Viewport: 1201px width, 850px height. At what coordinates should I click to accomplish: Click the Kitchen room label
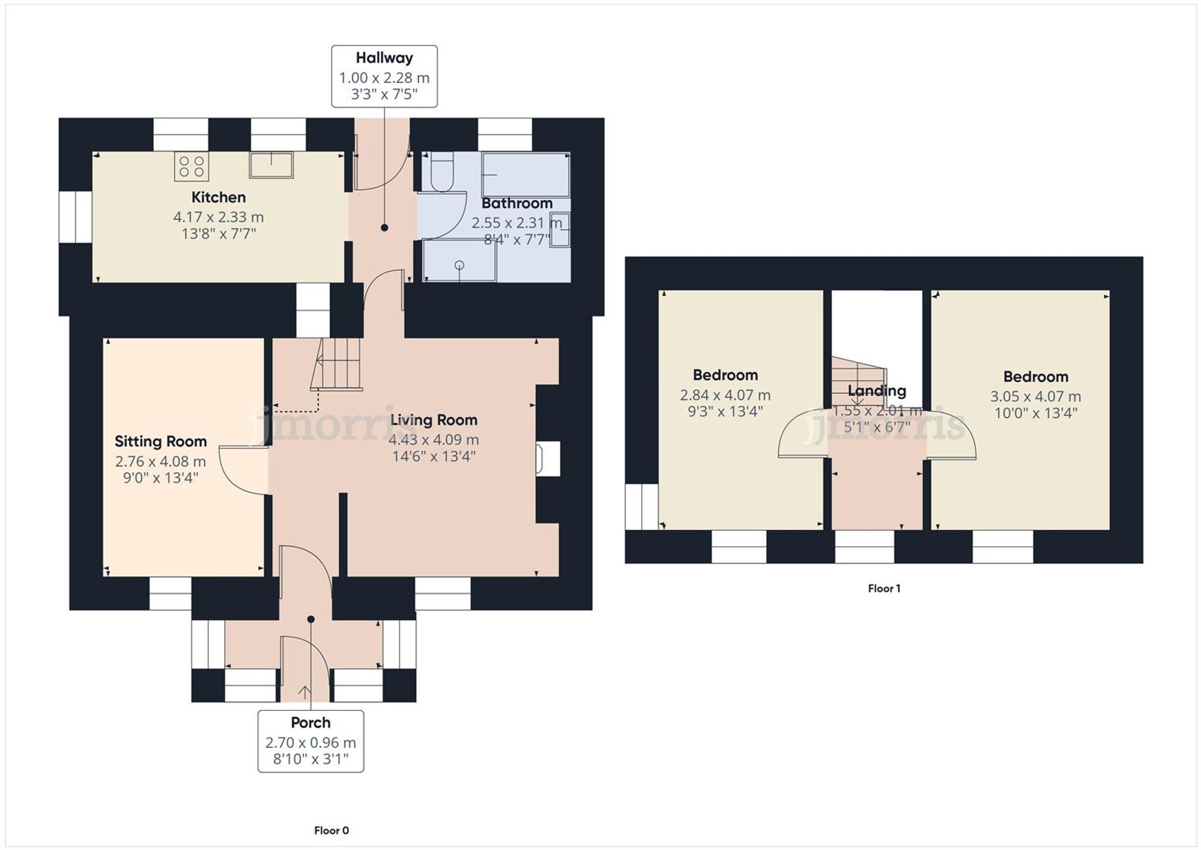point(218,197)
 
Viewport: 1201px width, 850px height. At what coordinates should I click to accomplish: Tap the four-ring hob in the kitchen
point(192,166)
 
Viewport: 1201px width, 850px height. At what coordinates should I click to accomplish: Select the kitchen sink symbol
point(271,165)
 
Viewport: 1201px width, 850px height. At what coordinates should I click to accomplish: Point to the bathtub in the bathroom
point(525,175)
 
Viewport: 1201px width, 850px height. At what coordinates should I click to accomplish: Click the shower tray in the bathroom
point(459,260)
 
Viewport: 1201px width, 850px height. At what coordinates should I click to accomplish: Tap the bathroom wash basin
point(560,229)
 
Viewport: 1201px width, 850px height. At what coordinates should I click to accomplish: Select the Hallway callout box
point(384,76)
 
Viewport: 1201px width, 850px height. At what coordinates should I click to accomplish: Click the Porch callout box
point(310,741)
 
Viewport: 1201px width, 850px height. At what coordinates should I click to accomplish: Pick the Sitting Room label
point(160,442)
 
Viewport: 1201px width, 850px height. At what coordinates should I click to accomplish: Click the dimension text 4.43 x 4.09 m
point(433,440)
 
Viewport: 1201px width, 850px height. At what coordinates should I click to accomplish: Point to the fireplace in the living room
point(548,459)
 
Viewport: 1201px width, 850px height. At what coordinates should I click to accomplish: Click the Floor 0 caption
point(331,830)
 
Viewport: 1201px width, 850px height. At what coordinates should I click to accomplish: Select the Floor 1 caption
point(883,588)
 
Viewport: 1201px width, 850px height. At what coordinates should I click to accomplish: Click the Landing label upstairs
point(876,391)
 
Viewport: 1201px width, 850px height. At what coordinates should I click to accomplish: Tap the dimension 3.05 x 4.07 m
point(1035,396)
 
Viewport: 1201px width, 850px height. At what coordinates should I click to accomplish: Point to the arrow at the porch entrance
point(304,691)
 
